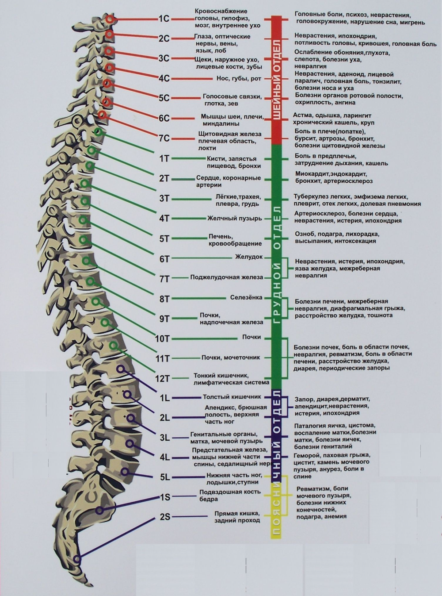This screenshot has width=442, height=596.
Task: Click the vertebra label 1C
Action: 164,19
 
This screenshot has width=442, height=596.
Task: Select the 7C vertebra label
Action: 164,138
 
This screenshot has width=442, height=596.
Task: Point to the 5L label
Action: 164,477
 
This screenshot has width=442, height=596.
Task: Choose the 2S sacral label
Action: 165,516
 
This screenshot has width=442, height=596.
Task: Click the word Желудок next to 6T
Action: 249,257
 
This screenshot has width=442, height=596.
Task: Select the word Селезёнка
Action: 246,297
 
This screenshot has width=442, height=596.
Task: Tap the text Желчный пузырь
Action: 235,218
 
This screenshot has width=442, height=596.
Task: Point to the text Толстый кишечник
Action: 232,397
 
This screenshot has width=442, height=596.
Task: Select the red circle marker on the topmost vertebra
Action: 110,19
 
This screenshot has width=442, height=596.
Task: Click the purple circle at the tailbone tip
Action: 78,559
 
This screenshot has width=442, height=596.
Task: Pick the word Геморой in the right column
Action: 307,455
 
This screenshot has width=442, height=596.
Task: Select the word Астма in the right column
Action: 302,115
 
